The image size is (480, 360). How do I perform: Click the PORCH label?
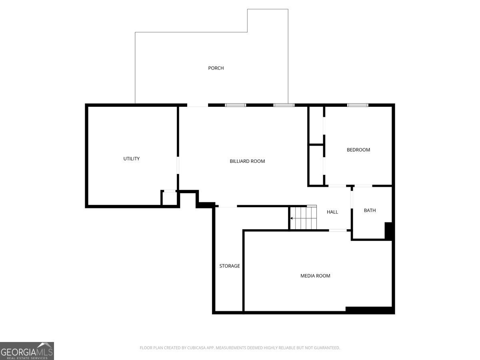pos(216,68)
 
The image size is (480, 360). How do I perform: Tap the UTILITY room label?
pos(132,159)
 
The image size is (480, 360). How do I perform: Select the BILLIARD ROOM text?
pos(247,161)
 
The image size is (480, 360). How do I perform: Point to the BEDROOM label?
pos(358,150)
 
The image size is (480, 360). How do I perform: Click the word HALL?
pos(332,212)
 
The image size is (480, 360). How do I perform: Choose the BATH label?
pos(370,210)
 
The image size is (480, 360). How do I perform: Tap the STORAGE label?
pos(230,266)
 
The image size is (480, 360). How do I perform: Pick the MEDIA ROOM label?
pos(315,276)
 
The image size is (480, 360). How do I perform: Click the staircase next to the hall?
pos(303,218)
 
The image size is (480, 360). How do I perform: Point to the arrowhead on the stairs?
pos(291,218)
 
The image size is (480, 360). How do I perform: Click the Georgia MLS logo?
pos(27,351)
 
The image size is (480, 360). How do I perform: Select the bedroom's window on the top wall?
pos(358,105)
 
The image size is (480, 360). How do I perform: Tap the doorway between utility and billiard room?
pos(178,165)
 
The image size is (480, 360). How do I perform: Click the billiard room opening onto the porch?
pos(198,105)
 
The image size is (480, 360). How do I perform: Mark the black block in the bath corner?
pos(388,231)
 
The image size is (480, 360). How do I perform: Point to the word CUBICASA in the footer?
pos(196,348)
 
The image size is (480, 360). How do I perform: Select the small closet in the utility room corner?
pos(170,198)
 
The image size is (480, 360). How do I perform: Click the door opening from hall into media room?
pos(338,230)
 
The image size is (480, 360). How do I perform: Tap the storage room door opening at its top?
pos(228,206)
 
